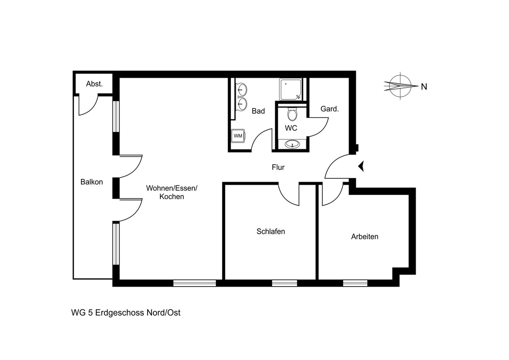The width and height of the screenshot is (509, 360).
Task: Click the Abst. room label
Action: (94, 84)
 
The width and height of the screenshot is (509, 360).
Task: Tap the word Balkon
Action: (92, 182)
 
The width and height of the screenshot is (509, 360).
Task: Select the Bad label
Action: (258, 111)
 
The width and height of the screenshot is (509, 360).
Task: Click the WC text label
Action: (291, 128)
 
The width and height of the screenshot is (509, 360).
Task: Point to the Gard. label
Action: (330, 109)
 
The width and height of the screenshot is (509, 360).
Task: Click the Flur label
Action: (278, 167)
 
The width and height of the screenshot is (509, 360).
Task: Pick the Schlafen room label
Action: (271, 231)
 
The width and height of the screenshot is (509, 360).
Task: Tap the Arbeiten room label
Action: (365, 237)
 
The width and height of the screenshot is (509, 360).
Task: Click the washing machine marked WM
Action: (238, 136)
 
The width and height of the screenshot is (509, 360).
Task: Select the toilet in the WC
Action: (292, 113)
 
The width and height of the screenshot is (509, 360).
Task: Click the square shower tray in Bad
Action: (291, 90)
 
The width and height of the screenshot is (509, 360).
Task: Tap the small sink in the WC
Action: (292, 144)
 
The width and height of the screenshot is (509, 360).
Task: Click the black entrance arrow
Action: (361, 166)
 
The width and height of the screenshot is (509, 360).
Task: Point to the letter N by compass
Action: (424, 87)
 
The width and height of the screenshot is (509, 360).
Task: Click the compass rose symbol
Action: (400, 86)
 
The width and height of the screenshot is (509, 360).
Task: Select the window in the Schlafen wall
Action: (285, 283)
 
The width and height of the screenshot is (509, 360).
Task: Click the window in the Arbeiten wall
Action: (355, 283)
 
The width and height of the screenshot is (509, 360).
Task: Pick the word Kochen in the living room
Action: (171, 197)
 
